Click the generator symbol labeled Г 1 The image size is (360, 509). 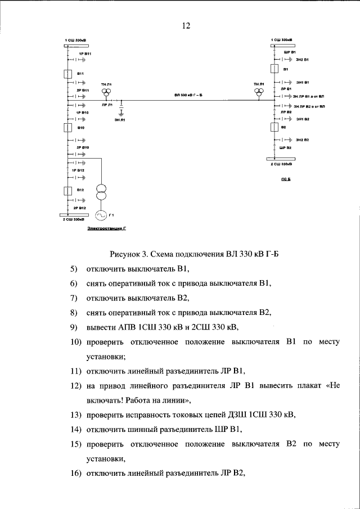pyautogui.click(x=101, y=215)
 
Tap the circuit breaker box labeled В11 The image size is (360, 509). pyautogui.click(x=67, y=74)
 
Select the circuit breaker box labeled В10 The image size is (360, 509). pyautogui.click(x=67, y=128)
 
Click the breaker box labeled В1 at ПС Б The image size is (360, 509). pyautogui.click(x=274, y=69)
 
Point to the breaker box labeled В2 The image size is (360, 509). pyautogui.click(x=274, y=128)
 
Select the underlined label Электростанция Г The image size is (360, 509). pyautogui.click(x=107, y=229)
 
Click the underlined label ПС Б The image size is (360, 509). pyautogui.click(x=286, y=178)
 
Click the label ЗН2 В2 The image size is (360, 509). pyautogui.click(x=303, y=139)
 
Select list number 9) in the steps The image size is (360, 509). pyautogui.click(x=73, y=327)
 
